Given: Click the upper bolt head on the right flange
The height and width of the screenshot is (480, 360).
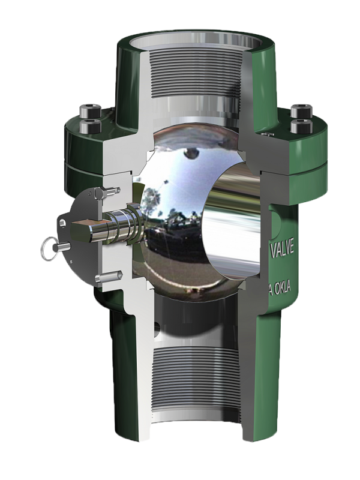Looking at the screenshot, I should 297,110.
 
